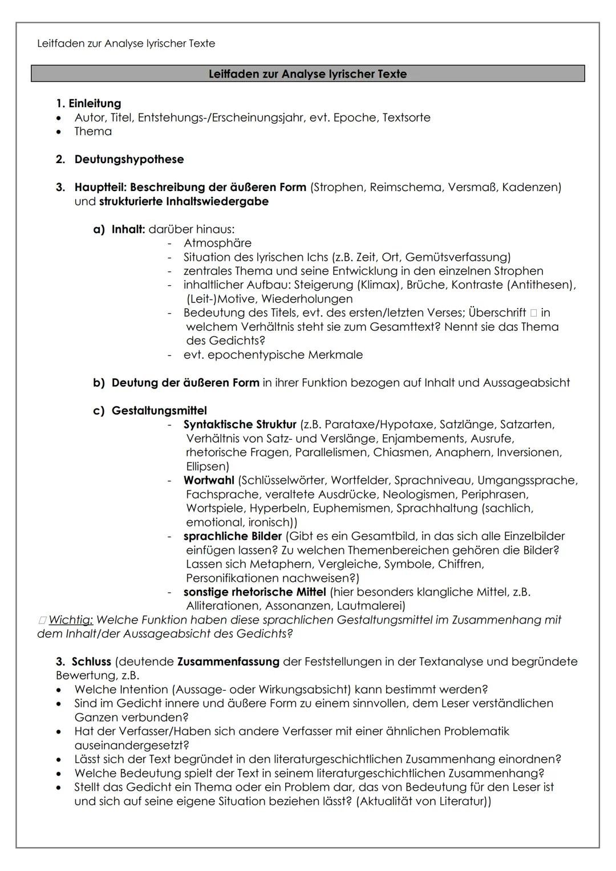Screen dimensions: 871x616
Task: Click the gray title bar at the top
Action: [307, 74]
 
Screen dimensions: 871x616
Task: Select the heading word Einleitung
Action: [95, 103]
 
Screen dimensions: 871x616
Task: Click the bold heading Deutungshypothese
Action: [129, 159]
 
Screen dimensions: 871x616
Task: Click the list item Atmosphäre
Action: [217, 243]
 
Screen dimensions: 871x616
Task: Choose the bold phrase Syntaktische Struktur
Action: [240, 424]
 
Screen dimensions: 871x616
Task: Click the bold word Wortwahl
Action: [209, 480]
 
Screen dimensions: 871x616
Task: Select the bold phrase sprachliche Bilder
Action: [232, 536]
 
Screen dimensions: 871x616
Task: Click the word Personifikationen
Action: [235, 578]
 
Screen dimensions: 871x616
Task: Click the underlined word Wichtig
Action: [71, 620]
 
